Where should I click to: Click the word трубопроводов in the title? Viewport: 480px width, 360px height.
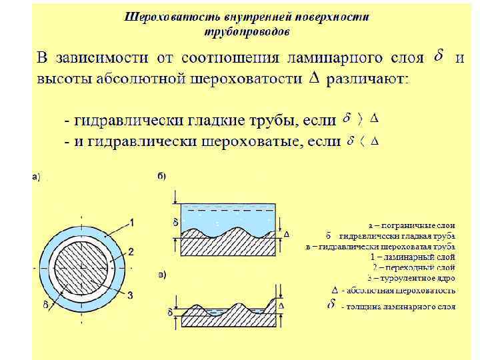pyautogui.click(x=247, y=31)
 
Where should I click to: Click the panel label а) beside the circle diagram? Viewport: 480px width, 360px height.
pyautogui.click(x=37, y=177)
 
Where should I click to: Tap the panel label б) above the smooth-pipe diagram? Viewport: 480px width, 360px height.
pyautogui.click(x=162, y=176)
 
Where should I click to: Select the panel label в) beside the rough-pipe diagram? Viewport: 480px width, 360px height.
pyautogui.click(x=162, y=275)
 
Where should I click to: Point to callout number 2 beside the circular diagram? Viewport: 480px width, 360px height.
pyautogui.click(x=131, y=251)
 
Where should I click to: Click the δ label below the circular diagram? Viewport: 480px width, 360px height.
pyautogui.click(x=46, y=305)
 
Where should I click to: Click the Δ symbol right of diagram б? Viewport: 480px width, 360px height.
pyautogui.click(x=287, y=235)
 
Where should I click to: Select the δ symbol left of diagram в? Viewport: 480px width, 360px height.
pyautogui.click(x=170, y=311)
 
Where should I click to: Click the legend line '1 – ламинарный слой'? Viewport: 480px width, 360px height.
pyautogui.click(x=412, y=257)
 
